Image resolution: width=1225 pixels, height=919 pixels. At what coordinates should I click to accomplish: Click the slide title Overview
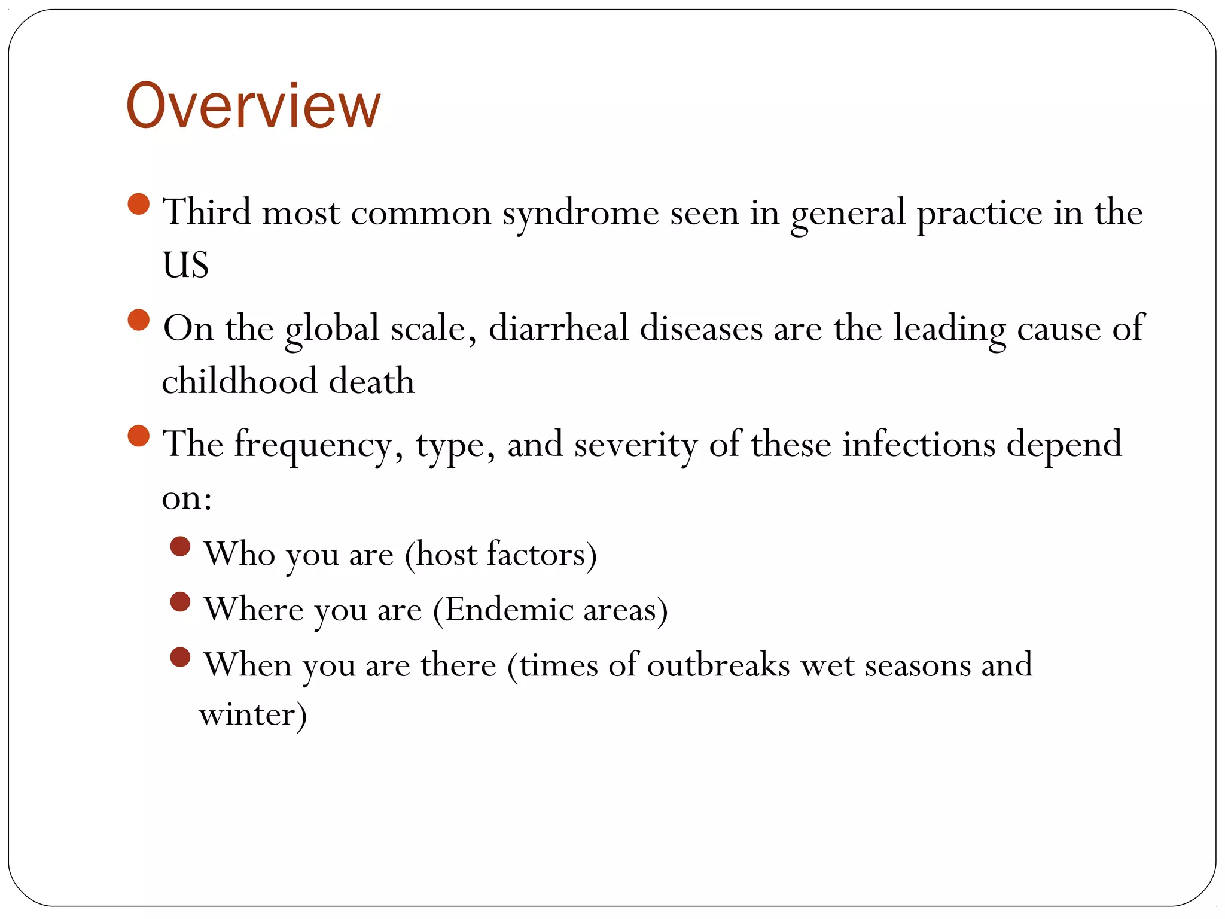tap(253, 106)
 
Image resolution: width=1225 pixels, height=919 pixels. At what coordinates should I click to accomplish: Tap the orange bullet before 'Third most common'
tap(138, 204)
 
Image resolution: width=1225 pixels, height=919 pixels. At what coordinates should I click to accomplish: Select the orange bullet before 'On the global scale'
tap(138, 320)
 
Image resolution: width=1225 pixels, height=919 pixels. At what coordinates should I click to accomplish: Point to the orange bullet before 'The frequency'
tap(138, 436)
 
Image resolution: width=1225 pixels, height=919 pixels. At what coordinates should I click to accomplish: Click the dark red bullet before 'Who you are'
tap(180, 546)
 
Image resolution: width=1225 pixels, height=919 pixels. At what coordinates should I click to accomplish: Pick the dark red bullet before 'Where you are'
tap(180, 602)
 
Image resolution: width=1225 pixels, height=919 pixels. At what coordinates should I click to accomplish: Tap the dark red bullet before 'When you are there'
tap(180, 657)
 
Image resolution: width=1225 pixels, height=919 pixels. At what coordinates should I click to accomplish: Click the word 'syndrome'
tap(580, 214)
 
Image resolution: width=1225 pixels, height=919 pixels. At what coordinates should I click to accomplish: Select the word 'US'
tap(185, 265)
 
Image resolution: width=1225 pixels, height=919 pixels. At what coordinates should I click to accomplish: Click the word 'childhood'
tap(239, 381)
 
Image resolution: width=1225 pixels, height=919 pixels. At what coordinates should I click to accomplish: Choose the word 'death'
tap(371, 381)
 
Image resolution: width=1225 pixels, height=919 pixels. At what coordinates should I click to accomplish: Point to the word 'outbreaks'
tap(718, 665)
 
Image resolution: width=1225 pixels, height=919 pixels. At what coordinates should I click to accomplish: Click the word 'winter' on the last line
tap(248, 714)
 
